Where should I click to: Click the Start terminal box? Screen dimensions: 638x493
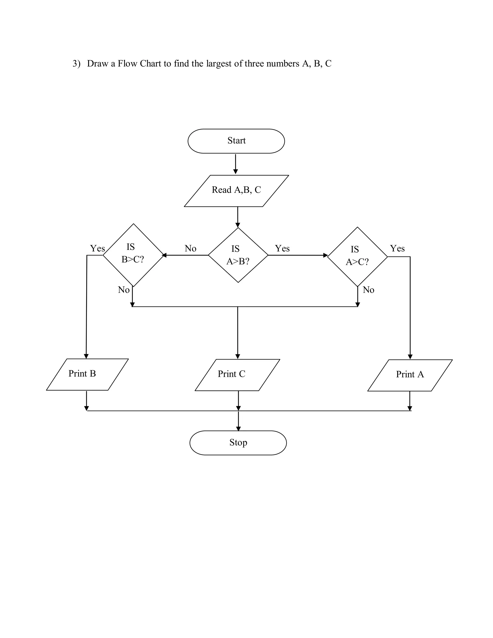[x=236, y=141]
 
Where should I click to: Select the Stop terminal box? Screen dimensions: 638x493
[x=238, y=443]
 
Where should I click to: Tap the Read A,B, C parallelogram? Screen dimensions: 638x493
[x=236, y=191]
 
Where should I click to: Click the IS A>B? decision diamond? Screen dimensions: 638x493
[x=238, y=255]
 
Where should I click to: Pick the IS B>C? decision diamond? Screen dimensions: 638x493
[x=133, y=255]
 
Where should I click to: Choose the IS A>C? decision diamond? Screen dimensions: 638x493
[x=357, y=256]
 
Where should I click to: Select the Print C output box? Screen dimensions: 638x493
[x=237, y=375]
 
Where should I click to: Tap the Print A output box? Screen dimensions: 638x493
[x=410, y=375]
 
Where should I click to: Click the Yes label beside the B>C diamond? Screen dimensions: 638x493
[x=97, y=248]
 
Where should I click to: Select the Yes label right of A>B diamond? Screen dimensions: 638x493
[x=282, y=248]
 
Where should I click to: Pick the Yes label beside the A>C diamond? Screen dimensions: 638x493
[x=397, y=248]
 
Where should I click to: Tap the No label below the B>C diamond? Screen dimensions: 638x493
[x=123, y=290]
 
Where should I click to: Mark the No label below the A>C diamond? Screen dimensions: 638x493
[x=368, y=290]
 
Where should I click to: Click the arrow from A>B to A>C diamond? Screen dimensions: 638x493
[x=298, y=255]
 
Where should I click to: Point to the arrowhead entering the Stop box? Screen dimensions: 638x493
[x=238, y=429]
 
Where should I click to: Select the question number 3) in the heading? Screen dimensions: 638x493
[x=77, y=64]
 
